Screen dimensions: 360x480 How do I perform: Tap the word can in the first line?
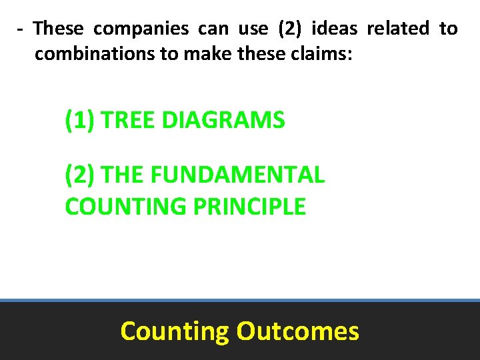(x=212, y=29)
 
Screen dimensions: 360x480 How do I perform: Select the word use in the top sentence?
(x=253, y=29)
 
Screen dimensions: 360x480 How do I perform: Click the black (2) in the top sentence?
(x=289, y=29)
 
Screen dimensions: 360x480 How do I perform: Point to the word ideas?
(x=333, y=29)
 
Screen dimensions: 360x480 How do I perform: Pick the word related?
(x=397, y=29)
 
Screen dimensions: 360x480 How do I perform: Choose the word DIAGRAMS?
(x=223, y=121)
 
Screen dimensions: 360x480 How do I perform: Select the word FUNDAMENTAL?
(x=238, y=175)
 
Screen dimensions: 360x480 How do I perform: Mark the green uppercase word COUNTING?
(x=125, y=207)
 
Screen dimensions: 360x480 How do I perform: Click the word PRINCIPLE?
(x=249, y=207)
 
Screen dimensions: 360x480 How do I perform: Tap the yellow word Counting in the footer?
(x=174, y=331)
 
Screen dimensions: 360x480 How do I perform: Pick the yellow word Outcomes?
(x=297, y=331)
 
